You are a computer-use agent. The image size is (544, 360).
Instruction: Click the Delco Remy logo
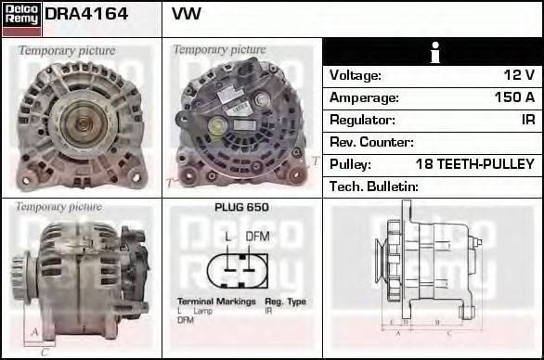pos(20,18)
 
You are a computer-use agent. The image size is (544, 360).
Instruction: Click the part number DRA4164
pos(85,16)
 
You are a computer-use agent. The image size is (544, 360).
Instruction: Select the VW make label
pos(187,16)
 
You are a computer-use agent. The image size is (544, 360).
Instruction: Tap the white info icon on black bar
pos(433,53)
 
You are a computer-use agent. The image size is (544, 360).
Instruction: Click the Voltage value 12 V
pos(518,75)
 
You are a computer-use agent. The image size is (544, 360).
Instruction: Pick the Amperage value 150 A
pos(514,97)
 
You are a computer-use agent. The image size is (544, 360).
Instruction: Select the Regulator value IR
pos(527,120)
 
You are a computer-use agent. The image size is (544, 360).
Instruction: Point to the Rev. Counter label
pos(371,142)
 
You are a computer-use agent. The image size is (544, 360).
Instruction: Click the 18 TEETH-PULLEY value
pos(474,164)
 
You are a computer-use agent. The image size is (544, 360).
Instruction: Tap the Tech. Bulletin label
pos(374,186)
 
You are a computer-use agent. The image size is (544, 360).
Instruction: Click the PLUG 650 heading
pos(241,208)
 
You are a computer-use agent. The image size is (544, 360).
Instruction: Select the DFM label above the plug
pos(257,237)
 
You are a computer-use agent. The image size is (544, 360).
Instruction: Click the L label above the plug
pos(228,237)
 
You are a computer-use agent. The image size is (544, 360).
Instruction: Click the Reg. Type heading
pos(285,302)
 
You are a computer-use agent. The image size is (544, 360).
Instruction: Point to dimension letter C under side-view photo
pos(44,352)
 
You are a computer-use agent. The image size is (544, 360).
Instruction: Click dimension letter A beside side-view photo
pos(34,331)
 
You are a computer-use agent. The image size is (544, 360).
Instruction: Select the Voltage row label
pos(356,75)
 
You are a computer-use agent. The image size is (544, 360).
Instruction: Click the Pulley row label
pos(351,164)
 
